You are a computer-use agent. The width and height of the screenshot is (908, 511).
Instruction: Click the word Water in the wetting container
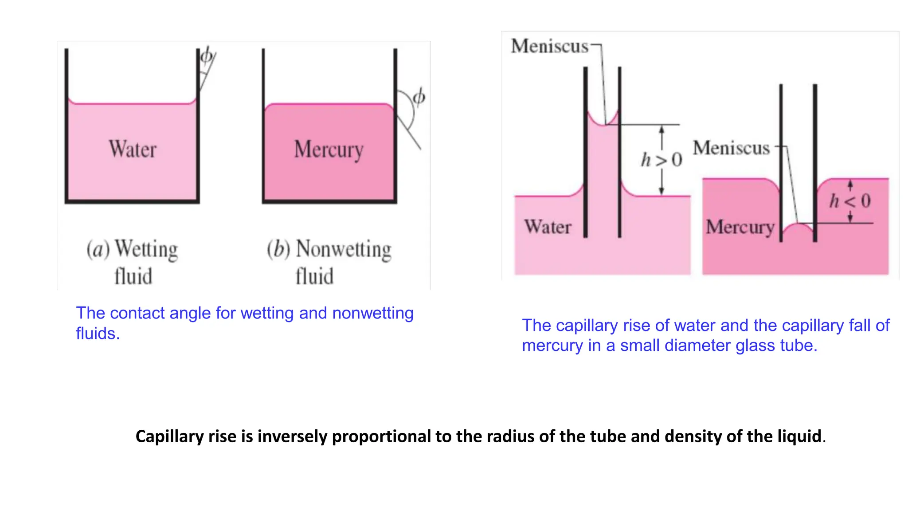click(133, 149)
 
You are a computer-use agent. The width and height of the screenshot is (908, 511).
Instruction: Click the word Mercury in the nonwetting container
click(329, 150)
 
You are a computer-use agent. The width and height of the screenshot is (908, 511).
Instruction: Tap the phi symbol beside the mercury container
click(419, 97)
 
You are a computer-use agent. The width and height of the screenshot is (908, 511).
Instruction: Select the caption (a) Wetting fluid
click(133, 262)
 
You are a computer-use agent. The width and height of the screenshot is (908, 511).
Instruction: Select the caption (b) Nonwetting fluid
click(329, 262)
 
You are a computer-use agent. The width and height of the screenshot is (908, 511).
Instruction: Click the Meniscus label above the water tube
click(549, 46)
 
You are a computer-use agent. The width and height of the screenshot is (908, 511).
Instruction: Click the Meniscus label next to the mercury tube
click(731, 148)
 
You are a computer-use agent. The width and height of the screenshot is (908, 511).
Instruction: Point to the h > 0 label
click(661, 160)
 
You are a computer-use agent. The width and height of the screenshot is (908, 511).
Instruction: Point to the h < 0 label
click(850, 201)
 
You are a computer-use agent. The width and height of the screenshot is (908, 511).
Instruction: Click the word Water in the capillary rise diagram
click(548, 227)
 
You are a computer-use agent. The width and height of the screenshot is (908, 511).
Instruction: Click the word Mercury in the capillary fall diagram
click(740, 227)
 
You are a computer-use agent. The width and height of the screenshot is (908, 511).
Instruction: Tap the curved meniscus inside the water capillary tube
click(603, 122)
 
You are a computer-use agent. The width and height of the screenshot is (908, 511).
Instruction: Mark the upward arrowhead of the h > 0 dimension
click(661, 129)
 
